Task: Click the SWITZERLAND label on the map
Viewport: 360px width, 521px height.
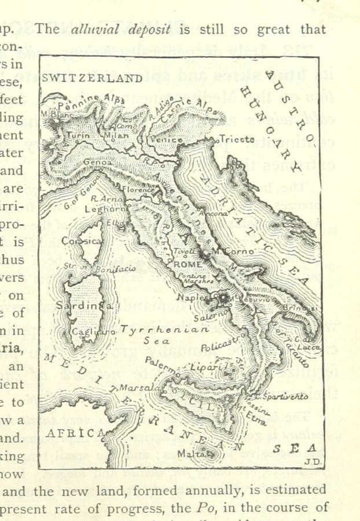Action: (x=92, y=78)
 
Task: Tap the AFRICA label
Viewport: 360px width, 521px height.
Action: (x=70, y=433)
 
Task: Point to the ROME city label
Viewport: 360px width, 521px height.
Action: (x=187, y=264)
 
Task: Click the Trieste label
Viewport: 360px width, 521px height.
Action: (x=237, y=140)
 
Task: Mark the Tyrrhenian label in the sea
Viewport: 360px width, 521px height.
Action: (x=165, y=329)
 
